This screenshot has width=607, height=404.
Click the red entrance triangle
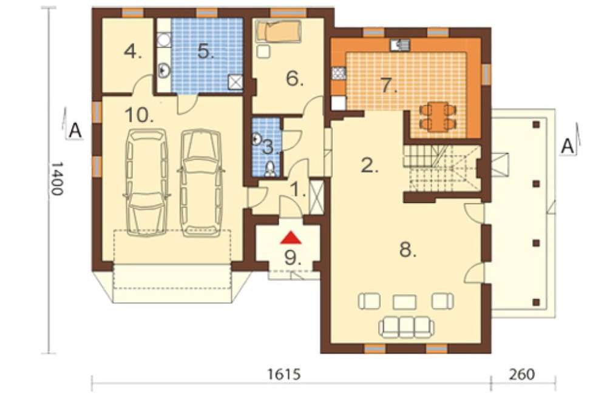tap(291, 238)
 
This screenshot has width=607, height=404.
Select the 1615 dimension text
tap(283, 374)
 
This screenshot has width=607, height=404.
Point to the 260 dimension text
tap(522, 374)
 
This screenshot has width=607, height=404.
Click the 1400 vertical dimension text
tap(57, 178)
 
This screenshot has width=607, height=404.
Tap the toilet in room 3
tap(270, 169)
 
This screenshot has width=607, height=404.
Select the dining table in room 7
tap(438, 116)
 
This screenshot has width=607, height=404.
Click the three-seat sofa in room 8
tap(407, 327)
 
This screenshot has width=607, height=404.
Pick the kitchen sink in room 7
tap(399, 45)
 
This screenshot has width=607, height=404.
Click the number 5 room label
tap(206, 51)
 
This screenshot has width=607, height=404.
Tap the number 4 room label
tap(133, 52)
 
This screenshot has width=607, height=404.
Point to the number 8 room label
tap(408, 250)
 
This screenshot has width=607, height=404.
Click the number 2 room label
tap(369, 165)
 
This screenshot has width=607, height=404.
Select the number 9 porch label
tap(293, 258)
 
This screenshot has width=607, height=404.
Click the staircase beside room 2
tap(442, 169)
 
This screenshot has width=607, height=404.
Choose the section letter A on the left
tap(75, 131)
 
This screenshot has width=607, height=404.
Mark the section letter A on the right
tap(568, 147)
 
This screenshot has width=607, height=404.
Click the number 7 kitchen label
tap(389, 86)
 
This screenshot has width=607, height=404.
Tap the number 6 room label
tap(294, 79)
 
